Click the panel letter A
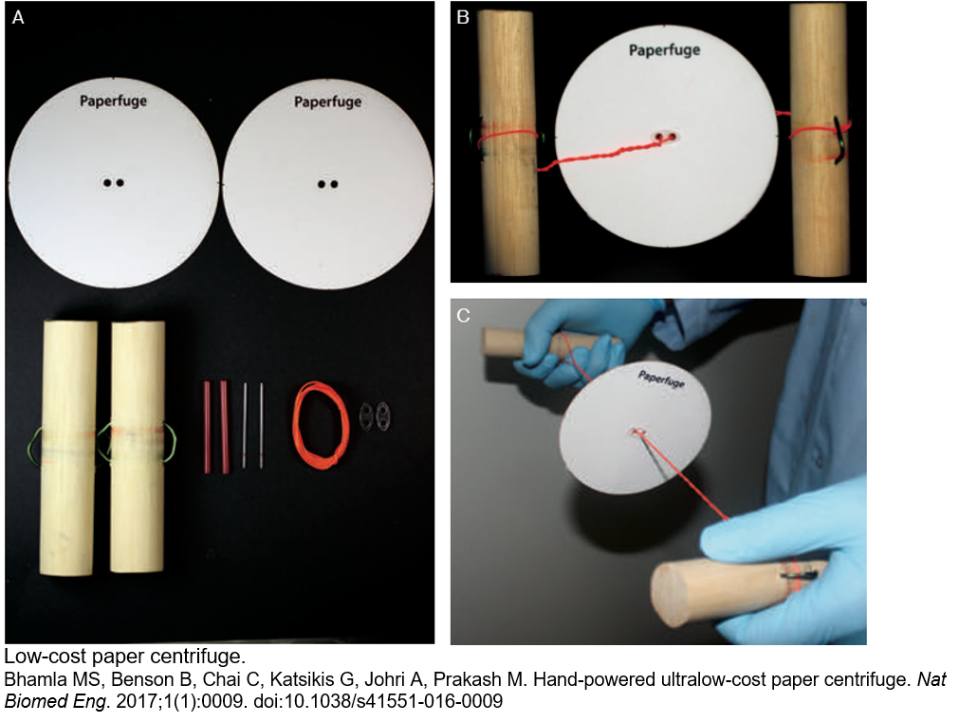(18, 18)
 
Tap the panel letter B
(463, 17)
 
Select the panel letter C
(463, 315)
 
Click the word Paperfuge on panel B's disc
(664, 50)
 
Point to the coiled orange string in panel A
(322, 425)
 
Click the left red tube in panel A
(207, 427)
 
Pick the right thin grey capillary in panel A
(262, 426)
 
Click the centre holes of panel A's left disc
(113, 182)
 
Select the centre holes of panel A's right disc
(328, 183)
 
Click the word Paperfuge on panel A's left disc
(113, 101)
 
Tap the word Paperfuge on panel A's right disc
(328, 102)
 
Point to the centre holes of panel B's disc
(666, 136)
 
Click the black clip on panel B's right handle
(838, 139)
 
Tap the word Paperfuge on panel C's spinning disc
(661, 379)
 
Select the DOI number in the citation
(378, 701)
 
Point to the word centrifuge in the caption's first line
(197, 657)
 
